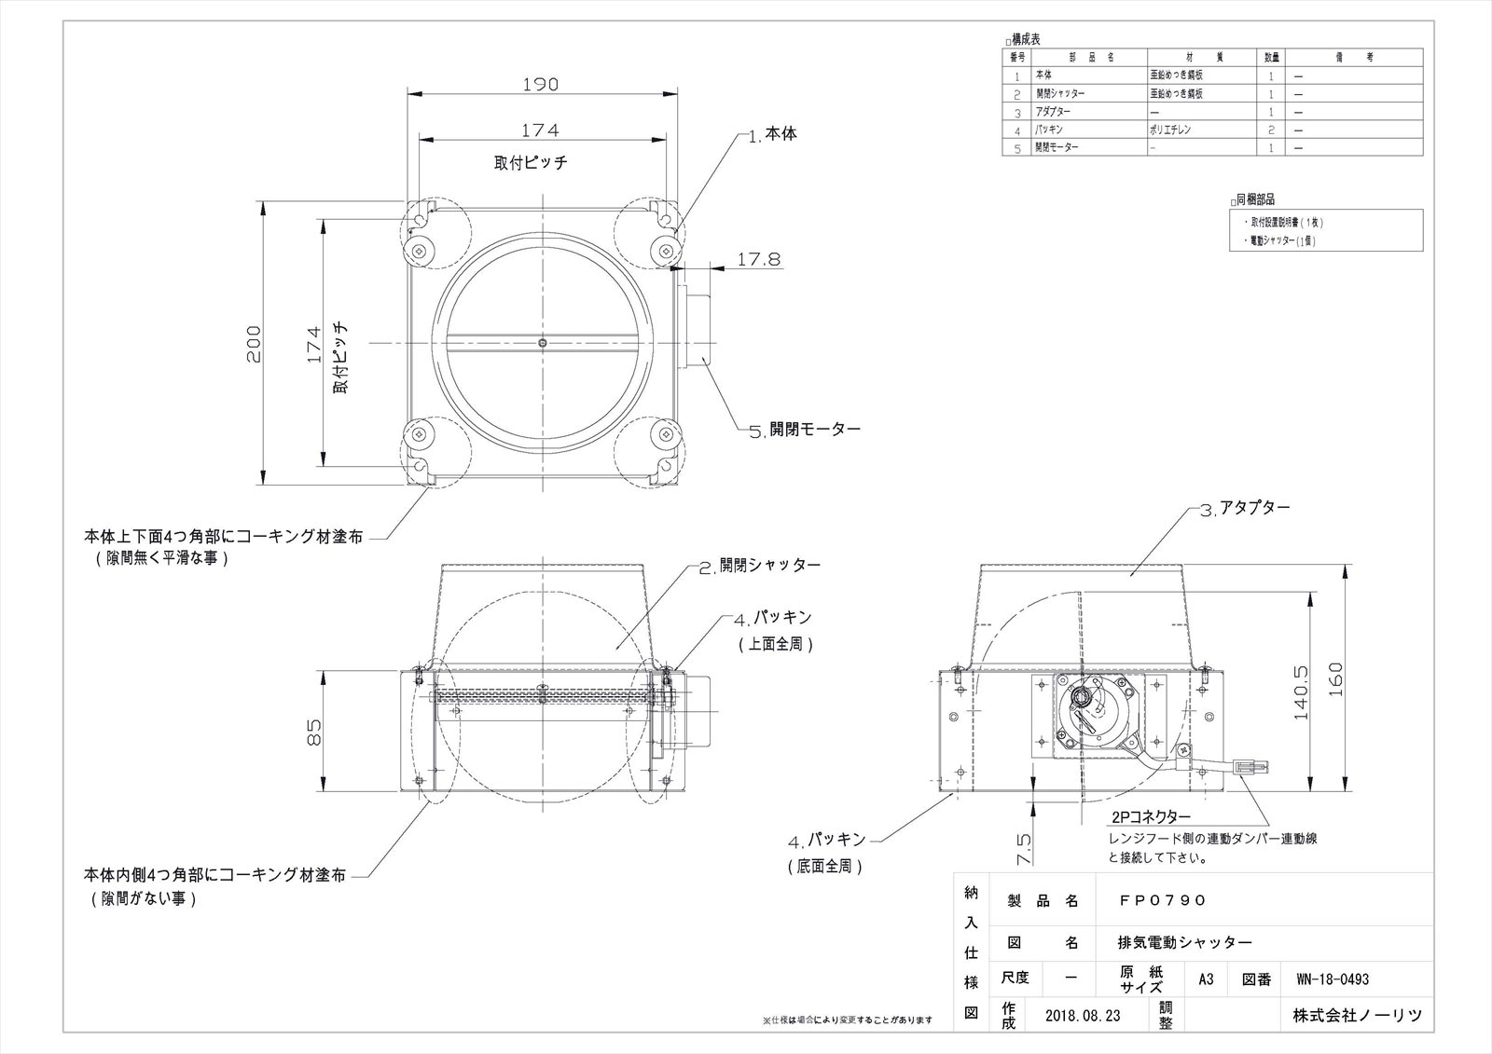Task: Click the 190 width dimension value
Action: [540, 85]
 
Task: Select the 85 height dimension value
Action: [314, 732]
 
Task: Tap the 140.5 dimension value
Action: [1303, 691]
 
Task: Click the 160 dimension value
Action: [1334, 679]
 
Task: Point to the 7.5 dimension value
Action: [1023, 847]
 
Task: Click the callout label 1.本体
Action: [773, 134]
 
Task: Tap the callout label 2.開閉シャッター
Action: [760, 566]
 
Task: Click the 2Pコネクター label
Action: [1151, 815]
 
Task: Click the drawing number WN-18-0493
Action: [1332, 979]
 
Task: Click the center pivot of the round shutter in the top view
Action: [543, 343]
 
